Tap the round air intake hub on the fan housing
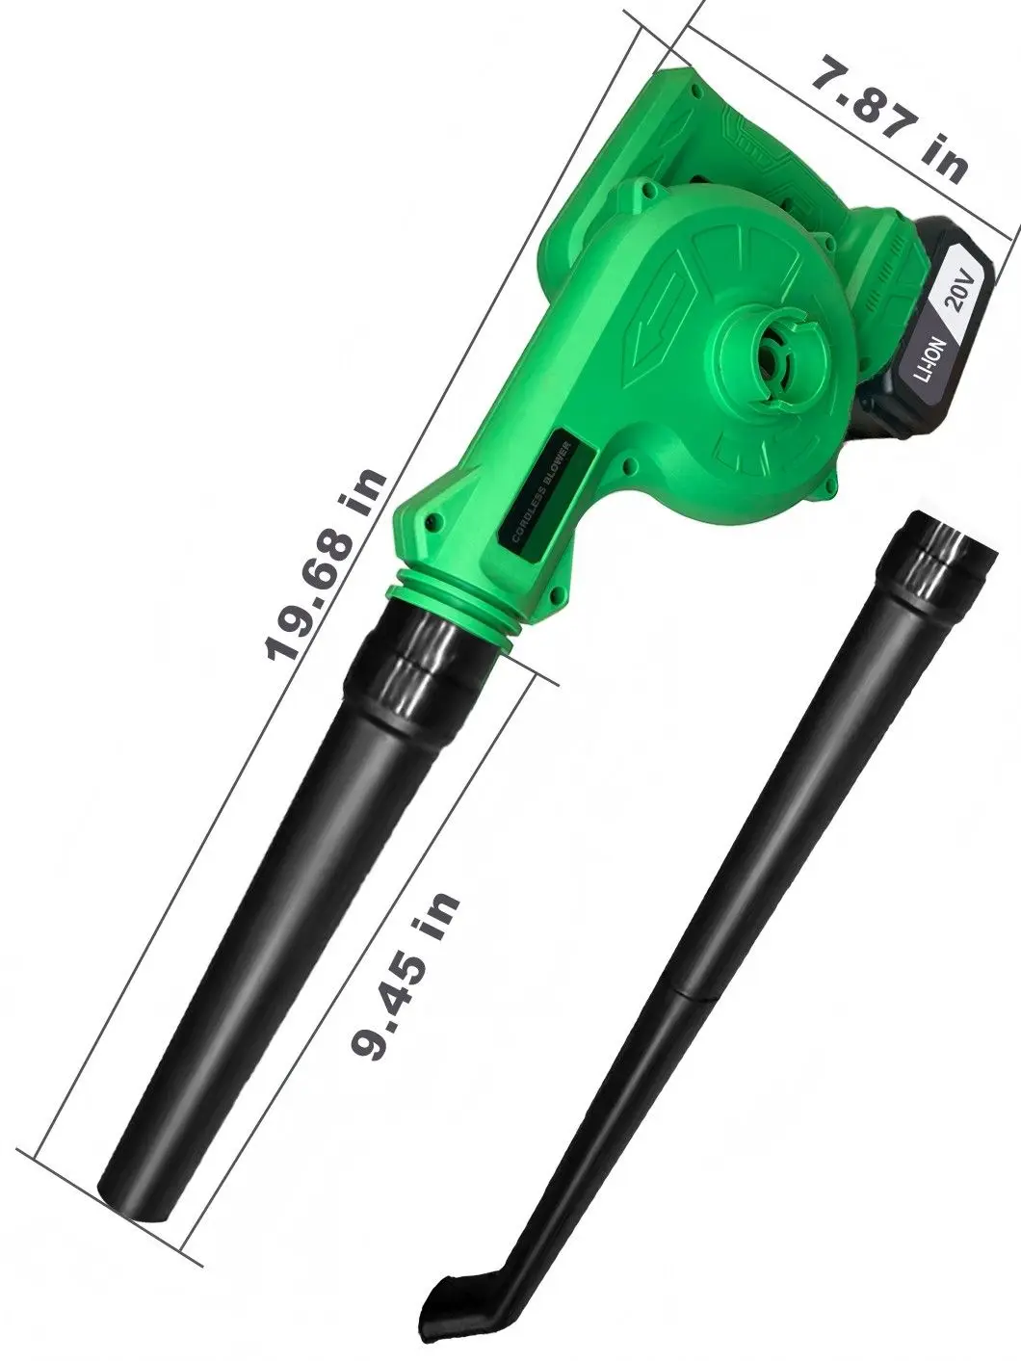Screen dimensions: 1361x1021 762,356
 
